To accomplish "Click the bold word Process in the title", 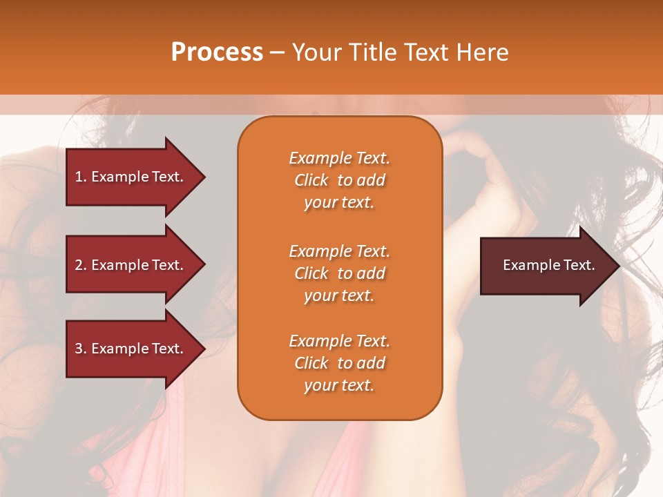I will click(x=217, y=52).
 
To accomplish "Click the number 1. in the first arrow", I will click(x=81, y=177).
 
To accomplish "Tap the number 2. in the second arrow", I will click(x=81, y=265).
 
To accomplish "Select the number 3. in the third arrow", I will click(x=81, y=349).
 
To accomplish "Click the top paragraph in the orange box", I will click(x=339, y=180).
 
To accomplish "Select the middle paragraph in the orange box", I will click(x=339, y=273).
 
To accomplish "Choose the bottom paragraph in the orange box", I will click(x=339, y=363).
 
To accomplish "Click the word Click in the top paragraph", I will click(x=311, y=180).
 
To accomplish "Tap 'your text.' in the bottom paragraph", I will click(x=339, y=386).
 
